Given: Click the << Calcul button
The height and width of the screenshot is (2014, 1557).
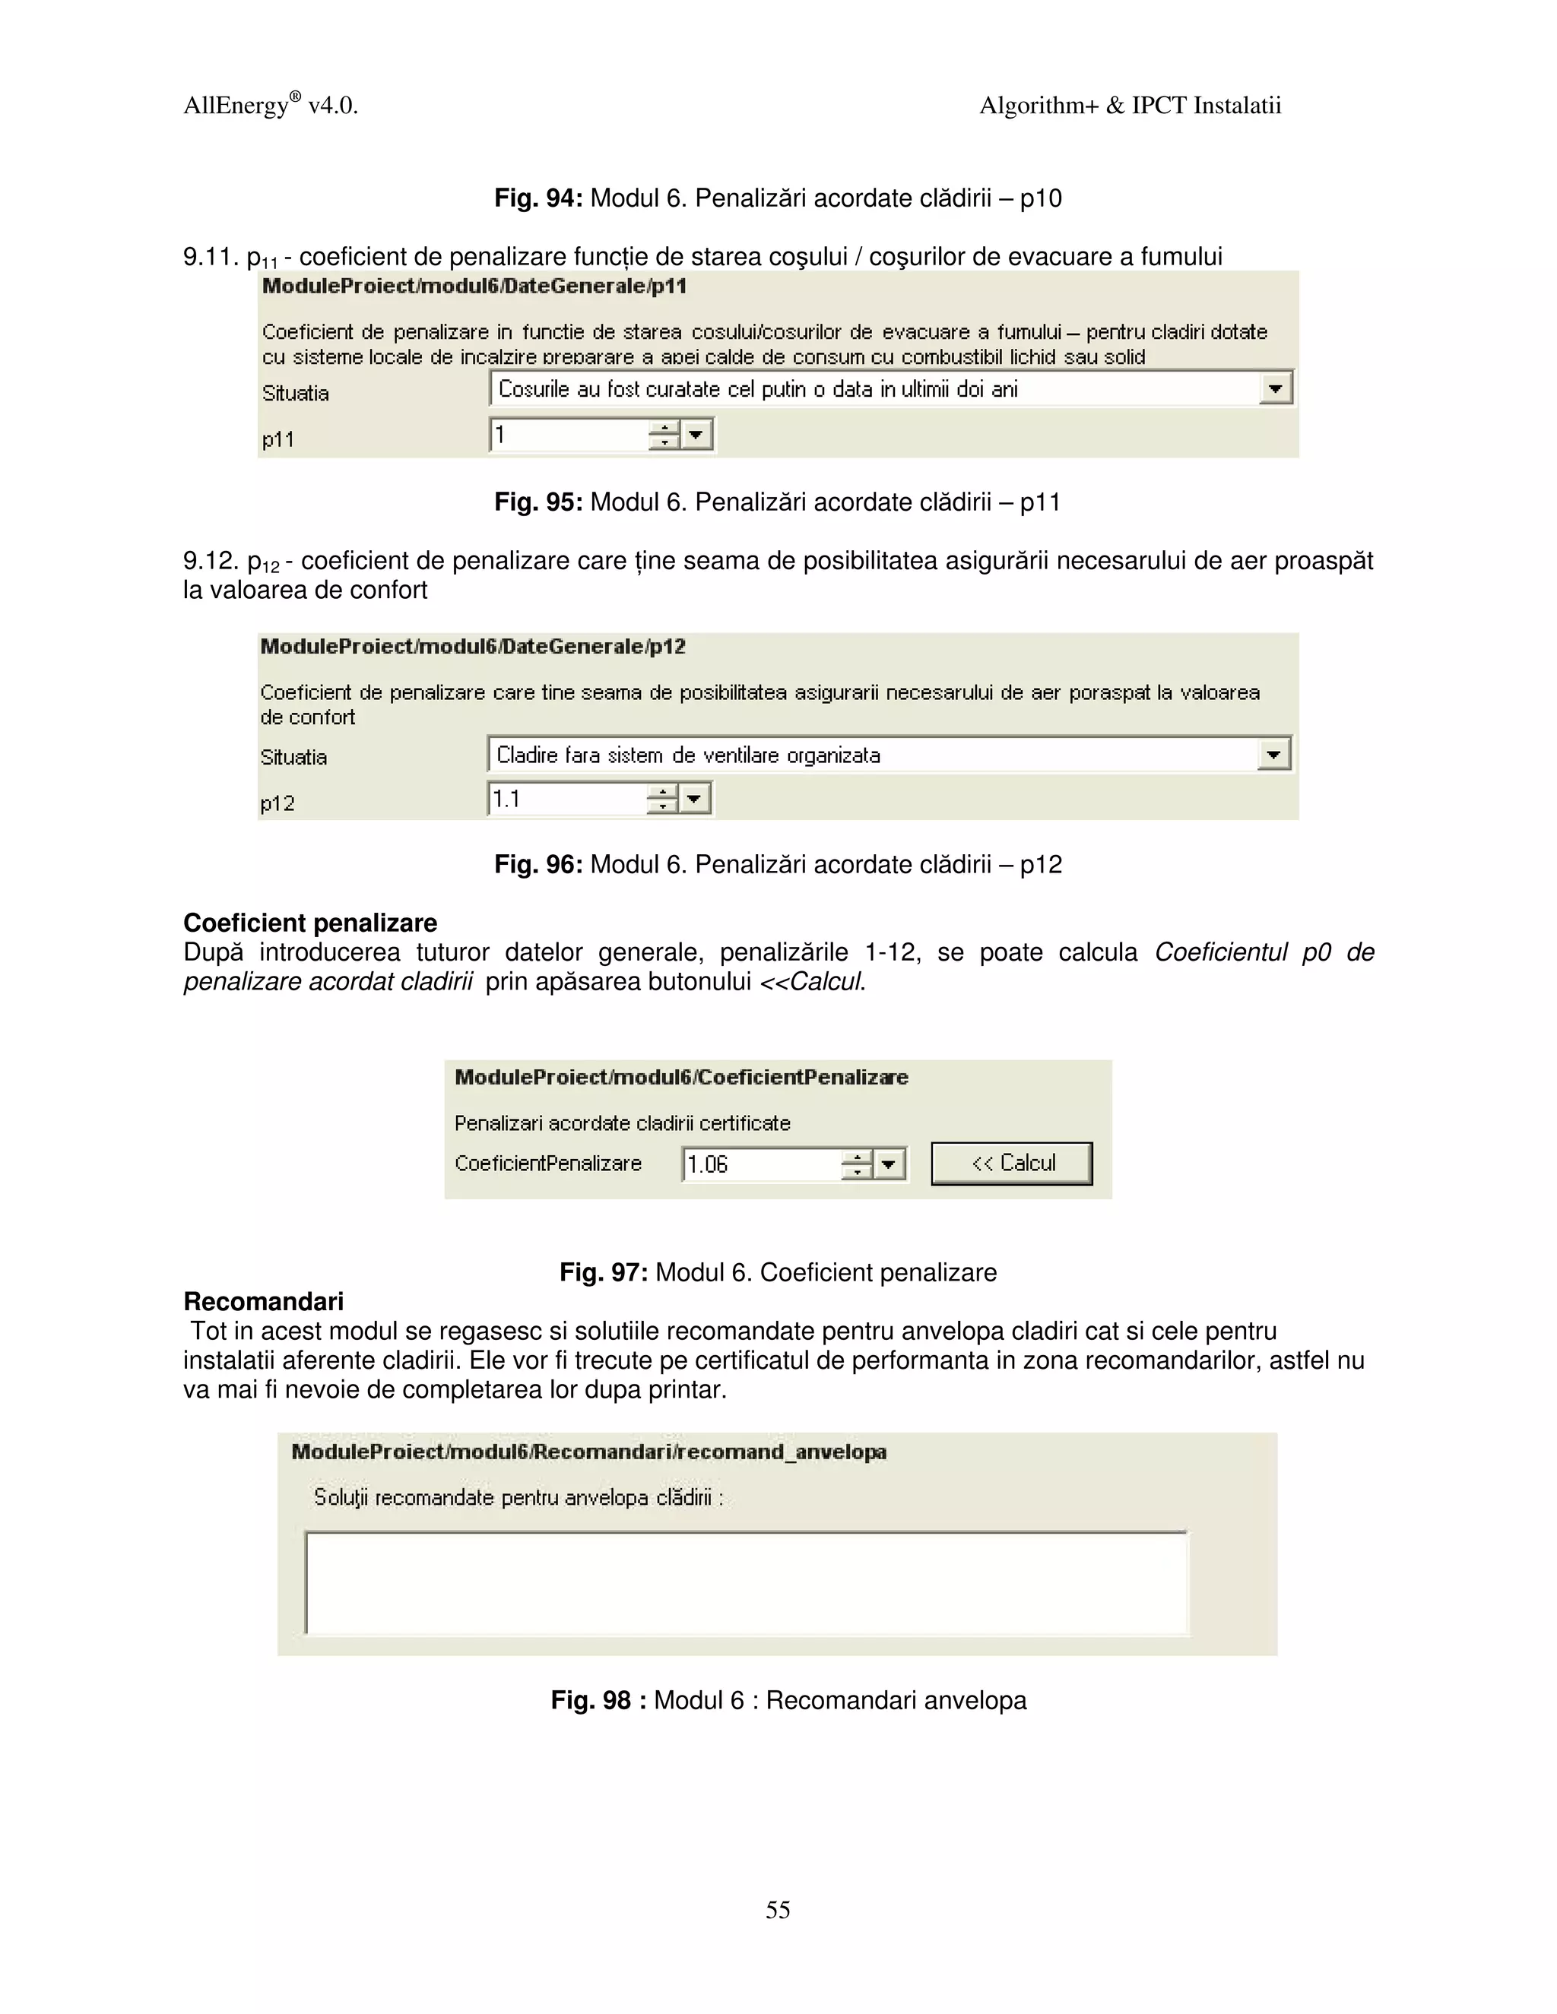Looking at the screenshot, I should click(x=1012, y=1163).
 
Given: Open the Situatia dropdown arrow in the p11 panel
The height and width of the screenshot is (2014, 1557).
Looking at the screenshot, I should click(x=1275, y=388).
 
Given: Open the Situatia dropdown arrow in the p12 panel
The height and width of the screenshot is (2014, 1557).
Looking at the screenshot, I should click(x=1273, y=755).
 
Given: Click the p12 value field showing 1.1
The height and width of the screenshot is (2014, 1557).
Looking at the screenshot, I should click(x=566, y=799).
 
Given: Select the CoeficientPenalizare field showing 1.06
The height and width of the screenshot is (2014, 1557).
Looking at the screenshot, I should click(x=760, y=1164).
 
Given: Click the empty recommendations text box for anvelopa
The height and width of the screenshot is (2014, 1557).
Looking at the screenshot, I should click(x=747, y=1582).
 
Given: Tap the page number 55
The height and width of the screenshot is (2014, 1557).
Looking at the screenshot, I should click(x=778, y=1909).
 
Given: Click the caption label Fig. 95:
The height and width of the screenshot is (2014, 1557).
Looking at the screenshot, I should click(x=537, y=502).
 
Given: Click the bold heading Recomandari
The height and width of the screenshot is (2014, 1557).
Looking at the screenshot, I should click(x=264, y=1302).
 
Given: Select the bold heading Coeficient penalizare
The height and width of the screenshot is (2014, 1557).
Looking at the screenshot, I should click(x=310, y=923).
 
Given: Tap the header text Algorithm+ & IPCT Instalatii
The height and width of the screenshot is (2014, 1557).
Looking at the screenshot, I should click(x=1130, y=106).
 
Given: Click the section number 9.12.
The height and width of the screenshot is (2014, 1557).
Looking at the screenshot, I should click(x=211, y=561).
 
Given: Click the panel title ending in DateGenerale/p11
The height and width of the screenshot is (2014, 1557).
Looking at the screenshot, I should click(x=474, y=286).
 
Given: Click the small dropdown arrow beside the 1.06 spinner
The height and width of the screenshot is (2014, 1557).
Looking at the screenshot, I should click(x=888, y=1164).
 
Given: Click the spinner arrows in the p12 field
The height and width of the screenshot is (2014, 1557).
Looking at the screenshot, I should click(x=662, y=799).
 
